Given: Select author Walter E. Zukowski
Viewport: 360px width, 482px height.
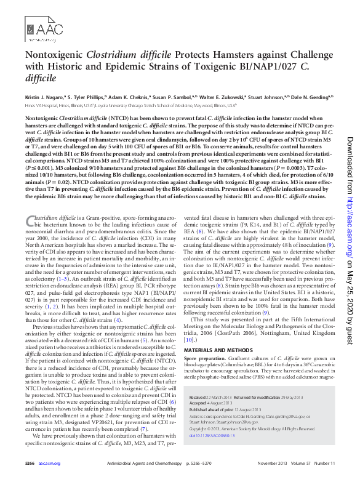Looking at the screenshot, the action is (220, 97).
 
